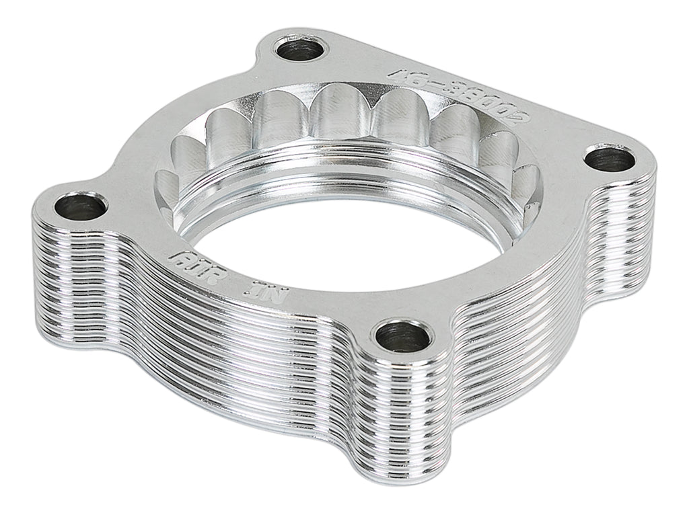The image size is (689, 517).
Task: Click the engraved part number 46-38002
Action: tap(465, 94)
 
